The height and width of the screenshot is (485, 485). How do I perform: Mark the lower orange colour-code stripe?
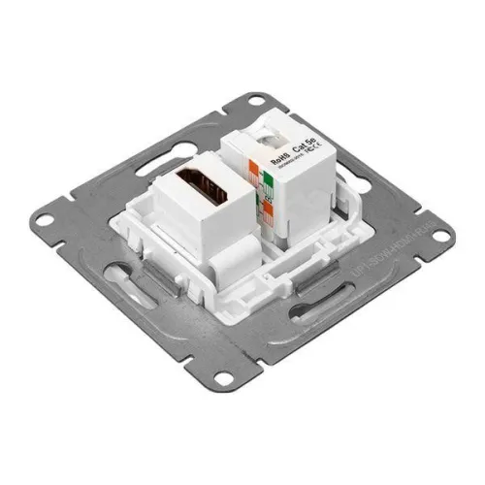coord(258,205)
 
